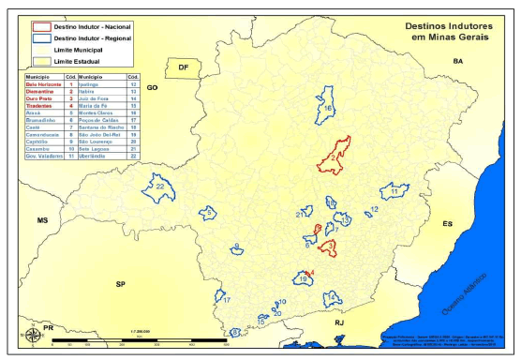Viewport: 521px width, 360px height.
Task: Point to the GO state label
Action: click(x=152, y=86)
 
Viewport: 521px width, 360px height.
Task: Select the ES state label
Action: click(x=448, y=224)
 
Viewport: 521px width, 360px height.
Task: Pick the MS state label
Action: click(x=41, y=219)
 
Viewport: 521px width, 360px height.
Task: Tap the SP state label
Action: click(x=120, y=283)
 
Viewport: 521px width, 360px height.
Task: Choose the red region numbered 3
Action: click(x=329, y=247)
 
